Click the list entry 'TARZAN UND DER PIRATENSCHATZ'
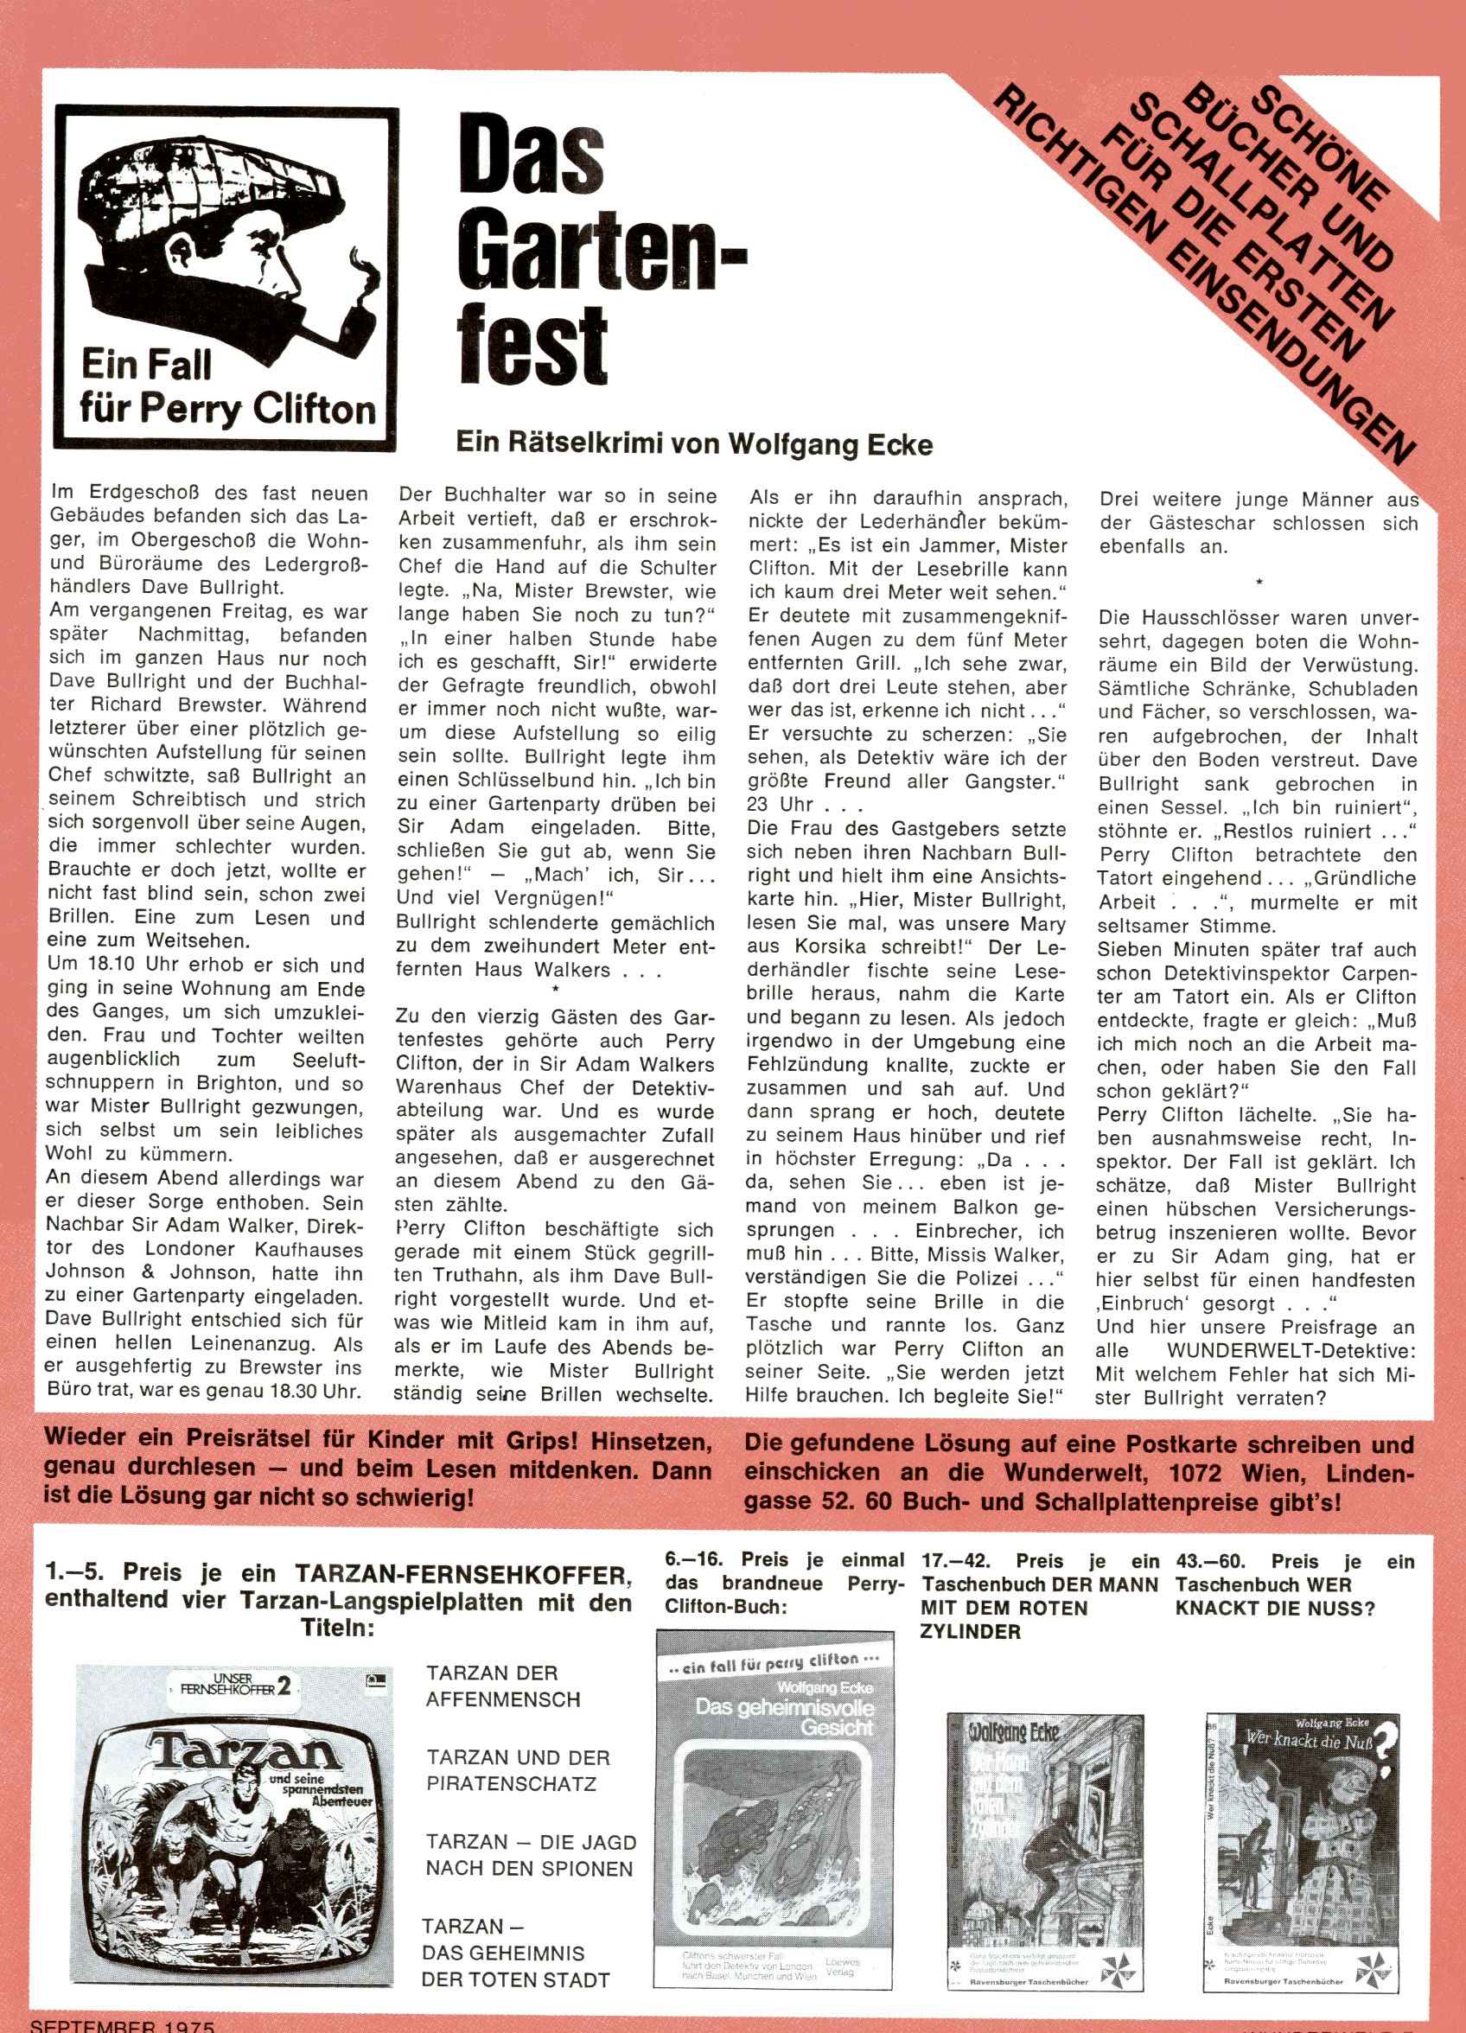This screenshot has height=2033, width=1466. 518,1770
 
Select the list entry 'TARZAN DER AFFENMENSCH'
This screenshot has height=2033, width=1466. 504,1686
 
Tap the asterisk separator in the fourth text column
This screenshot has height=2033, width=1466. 1259,583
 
